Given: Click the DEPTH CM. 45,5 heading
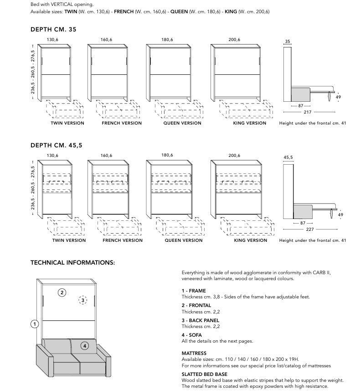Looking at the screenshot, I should pos(56,146).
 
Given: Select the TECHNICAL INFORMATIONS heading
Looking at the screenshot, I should pos(72,263).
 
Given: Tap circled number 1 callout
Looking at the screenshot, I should pos(34,324).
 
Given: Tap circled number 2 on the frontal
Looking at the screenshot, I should pos(62,292).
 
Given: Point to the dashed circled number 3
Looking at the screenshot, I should pos(82,300).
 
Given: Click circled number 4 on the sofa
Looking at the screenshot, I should pos(85,346).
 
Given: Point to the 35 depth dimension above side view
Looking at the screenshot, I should pos(288,41).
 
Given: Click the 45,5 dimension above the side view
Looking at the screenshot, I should pos(288,158).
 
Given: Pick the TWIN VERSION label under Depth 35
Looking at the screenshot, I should pos(67,123).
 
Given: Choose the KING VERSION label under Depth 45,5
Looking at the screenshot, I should pos(251,240).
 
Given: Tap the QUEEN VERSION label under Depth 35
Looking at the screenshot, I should pos(182,123).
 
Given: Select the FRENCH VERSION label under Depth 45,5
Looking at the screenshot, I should pos(123,240).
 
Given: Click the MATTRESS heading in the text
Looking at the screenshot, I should pos(194,353).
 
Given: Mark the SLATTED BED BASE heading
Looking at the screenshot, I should pos(204,374).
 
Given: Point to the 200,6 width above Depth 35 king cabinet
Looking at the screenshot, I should pos(234,40).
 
